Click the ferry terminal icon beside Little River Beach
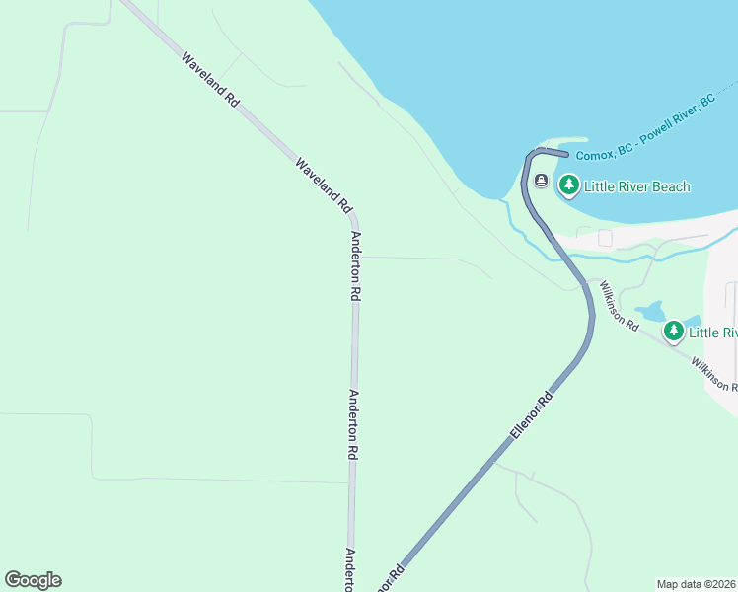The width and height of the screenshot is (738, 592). pyautogui.click(x=541, y=181)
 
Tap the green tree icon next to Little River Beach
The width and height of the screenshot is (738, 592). pyautogui.click(x=568, y=185)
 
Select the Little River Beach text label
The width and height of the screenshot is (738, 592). pyautogui.click(x=636, y=186)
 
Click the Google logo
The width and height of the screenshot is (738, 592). pyautogui.click(x=33, y=580)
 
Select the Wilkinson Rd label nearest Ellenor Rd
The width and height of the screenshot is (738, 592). pyautogui.click(x=620, y=306)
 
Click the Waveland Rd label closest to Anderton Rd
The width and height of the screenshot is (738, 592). pyautogui.click(x=324, y=185)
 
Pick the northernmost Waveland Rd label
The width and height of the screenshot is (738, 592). pyautogui.click(x=210, y=80)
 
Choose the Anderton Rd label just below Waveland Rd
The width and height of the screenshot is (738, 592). pyautogui.click(x=356, y=265)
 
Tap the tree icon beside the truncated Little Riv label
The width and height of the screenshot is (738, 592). pyautogui.click(x=674, y=332)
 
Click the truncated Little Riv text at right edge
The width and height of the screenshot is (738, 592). pyautogui.click(x=712, y=333)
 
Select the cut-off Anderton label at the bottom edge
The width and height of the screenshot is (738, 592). pyautogui.click(x=349, y=570)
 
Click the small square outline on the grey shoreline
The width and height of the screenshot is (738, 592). pyautogui.click(x=605, y=238)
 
